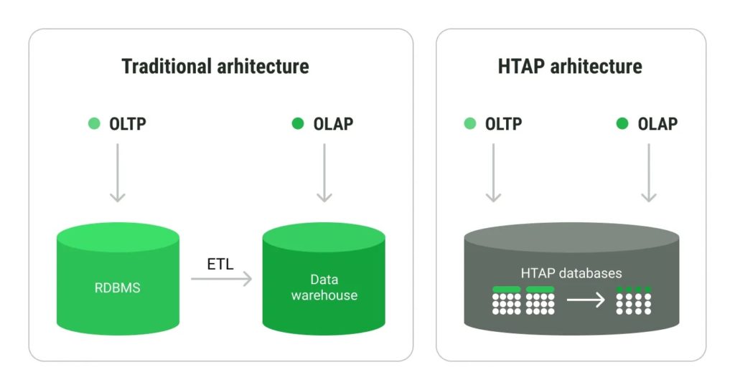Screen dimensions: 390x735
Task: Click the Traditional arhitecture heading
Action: pos(215,67)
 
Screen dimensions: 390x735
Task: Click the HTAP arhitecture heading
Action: pos(570,67)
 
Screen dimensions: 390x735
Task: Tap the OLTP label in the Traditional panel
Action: pos(128,124)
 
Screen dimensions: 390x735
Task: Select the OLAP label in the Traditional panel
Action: pos(333,124)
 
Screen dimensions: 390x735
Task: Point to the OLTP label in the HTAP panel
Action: pos(503,124)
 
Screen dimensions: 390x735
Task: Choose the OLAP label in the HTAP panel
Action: pos(657,124)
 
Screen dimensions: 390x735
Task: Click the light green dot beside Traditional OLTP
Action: pos(94,124)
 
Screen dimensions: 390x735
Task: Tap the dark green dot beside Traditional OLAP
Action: pos(298,124)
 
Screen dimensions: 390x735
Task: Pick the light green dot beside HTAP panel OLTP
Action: pos(470,124)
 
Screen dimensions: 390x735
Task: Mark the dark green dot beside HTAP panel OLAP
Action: pos(622,124)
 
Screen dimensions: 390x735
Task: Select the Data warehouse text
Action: pos(324,287)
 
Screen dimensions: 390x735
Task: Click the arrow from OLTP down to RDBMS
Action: pos(117,172)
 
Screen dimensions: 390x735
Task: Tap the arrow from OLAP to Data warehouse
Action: pos(324,172)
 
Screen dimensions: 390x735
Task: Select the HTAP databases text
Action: pos(571,273)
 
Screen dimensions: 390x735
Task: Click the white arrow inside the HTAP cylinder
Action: pos(586,300)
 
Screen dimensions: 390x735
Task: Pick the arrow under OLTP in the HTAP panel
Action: pos(493,172)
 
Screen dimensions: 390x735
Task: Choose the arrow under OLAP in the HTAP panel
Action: pos(649,172)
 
